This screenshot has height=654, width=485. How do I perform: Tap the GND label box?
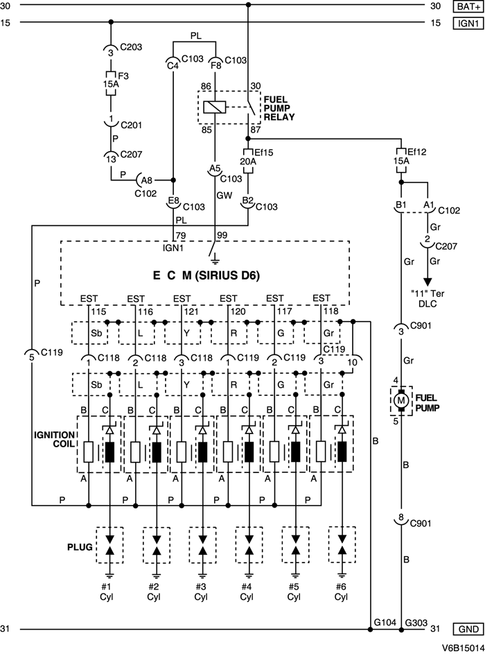click(x=464, y=630)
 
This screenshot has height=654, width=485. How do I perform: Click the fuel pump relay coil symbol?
click(x=215, y=106)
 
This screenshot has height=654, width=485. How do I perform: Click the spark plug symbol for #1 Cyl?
click(x=108, y=545)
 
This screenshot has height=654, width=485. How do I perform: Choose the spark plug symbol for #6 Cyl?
click(x=341, y=545)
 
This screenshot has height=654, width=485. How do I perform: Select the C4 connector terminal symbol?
click(x=172, y=64)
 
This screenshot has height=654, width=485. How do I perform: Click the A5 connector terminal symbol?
click(x=215, y=169)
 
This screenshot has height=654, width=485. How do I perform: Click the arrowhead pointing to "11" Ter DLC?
click(x=427, y=280)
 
